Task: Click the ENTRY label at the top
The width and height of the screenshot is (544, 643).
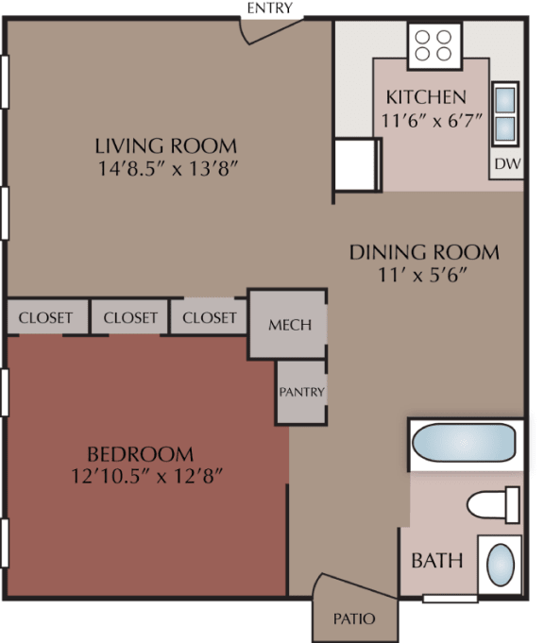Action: [x=270, y=8]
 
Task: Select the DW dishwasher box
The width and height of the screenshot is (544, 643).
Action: [x=505, y=163]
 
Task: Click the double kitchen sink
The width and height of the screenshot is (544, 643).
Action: [x=505, y=112]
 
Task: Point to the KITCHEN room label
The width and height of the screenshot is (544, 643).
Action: [x=426, y=97]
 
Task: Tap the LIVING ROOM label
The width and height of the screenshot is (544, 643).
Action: [x=165, y=146]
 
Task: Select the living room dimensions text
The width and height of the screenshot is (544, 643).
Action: [x=165, y=171]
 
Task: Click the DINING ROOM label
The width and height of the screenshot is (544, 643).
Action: [x=424, y=252]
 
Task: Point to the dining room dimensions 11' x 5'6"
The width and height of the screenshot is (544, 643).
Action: [x=424, y=276]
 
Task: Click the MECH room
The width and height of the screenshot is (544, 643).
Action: [x=289, y=325]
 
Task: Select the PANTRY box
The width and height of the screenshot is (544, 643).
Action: [x=301, y=392]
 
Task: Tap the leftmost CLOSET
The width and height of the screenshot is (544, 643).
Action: [x=45, y=317]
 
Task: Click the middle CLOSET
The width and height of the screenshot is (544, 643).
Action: [x=130, y=317]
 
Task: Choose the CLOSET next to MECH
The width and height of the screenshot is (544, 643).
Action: [x=210, y=317]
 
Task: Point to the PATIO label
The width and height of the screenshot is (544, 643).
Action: [x=354, y=619]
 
